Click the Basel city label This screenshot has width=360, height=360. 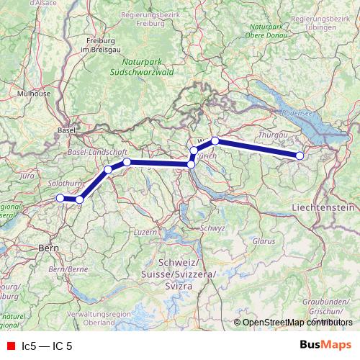coord(63,130)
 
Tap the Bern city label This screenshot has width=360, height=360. coord(48,248)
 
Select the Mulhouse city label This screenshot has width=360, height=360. coord(34,93)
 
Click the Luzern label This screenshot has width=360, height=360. coord(145,232)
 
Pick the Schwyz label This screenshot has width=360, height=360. coord(214,228)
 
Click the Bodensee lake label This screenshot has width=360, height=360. coord(297,113)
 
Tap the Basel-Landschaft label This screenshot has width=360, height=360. coord(96,153)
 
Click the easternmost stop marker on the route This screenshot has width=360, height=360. coord(300,156)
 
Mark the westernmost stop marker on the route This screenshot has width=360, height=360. coord(60,198)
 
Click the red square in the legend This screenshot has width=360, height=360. coord(10,346)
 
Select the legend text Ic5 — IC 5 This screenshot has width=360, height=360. coord(47,346)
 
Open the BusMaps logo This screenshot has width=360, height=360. coord(326,346)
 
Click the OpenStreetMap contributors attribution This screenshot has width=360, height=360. coord(297,322)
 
